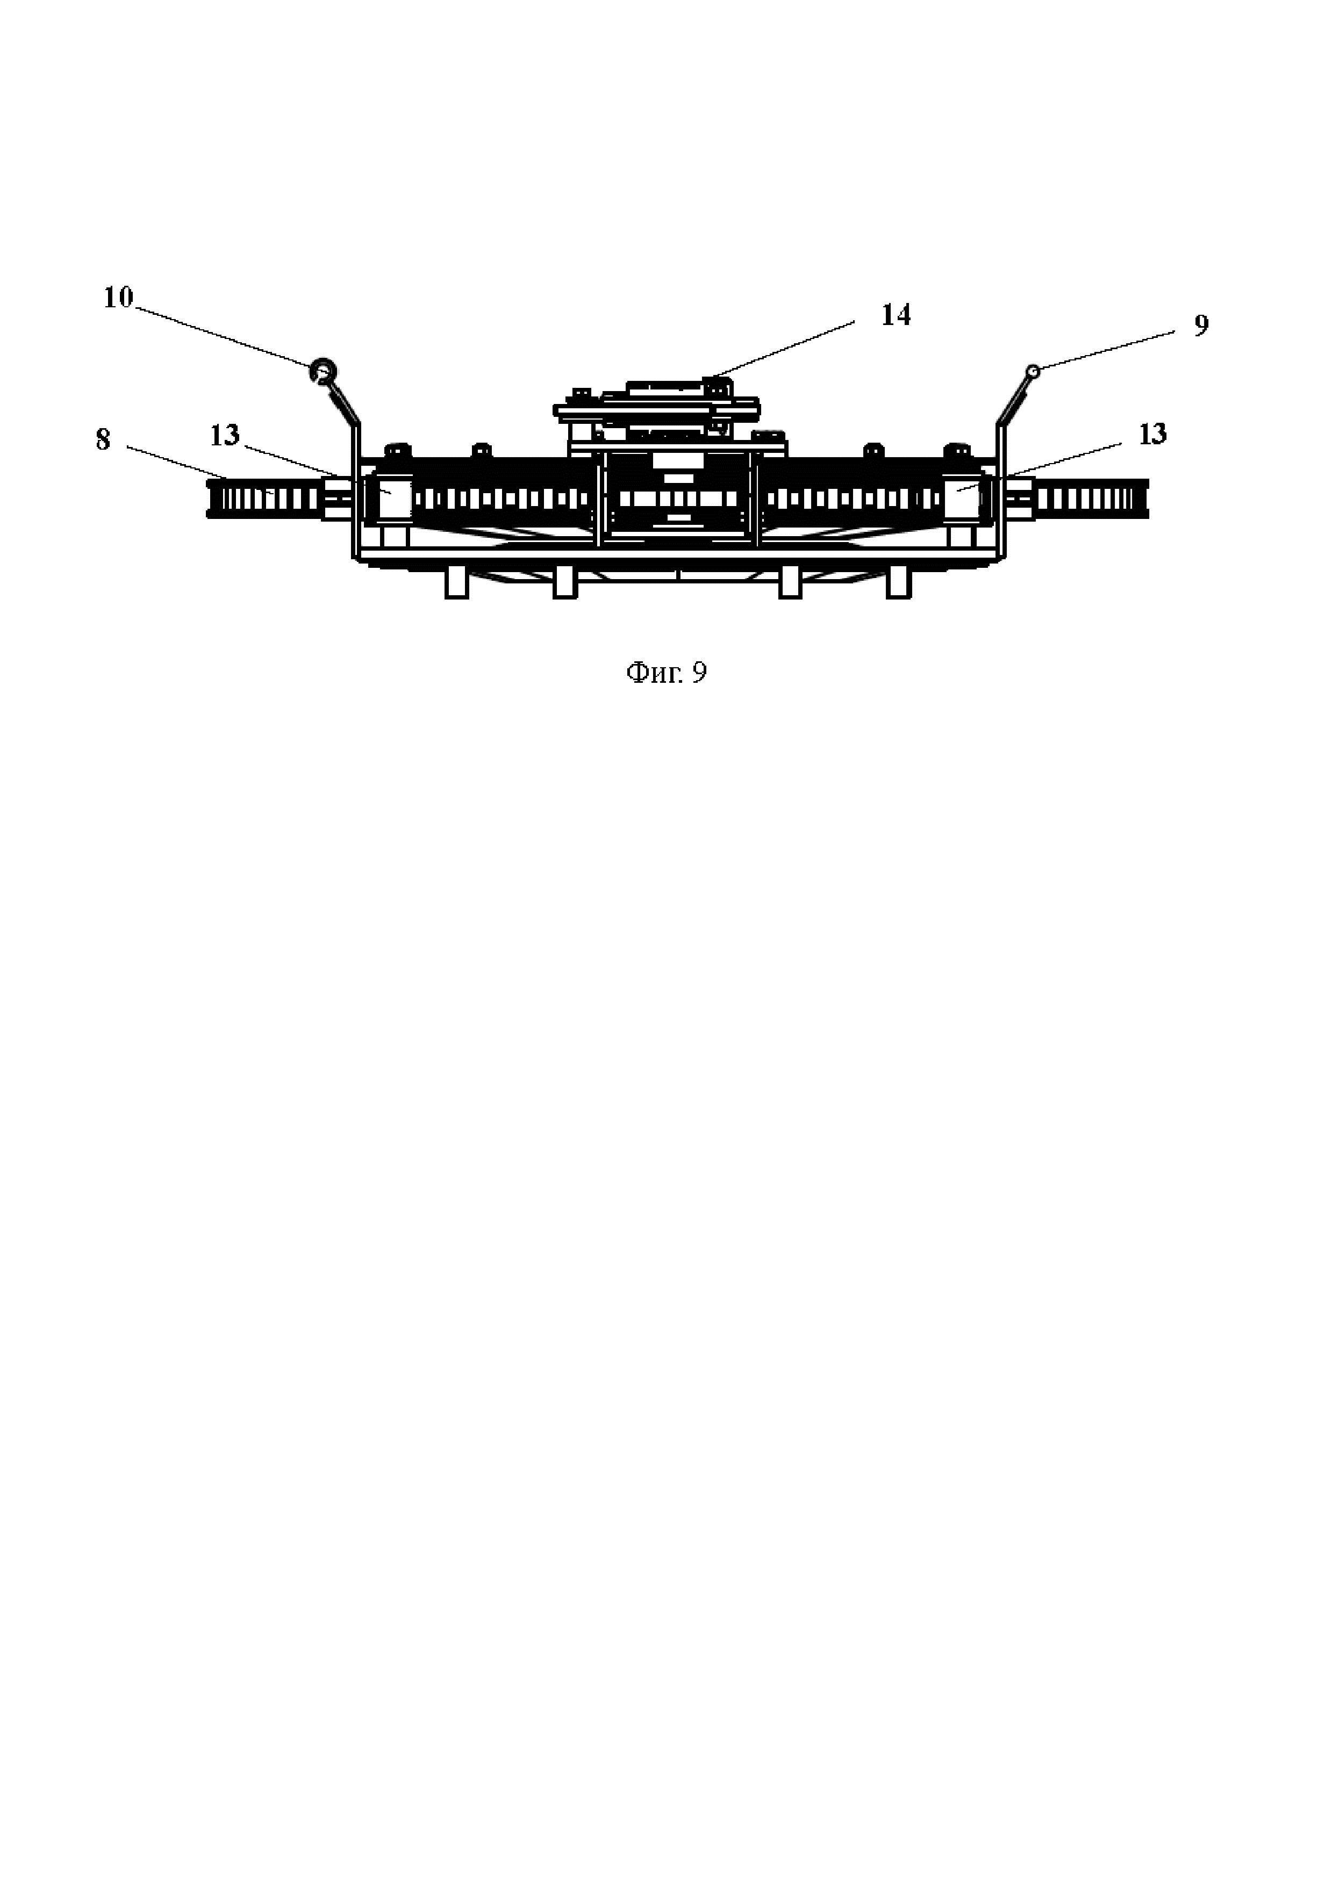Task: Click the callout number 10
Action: click(118, 298)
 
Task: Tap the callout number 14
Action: click(895, 316)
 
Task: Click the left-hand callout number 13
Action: click(224, 436)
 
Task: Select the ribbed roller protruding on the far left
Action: click(263, 498)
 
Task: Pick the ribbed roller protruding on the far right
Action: click(1092, 498)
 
